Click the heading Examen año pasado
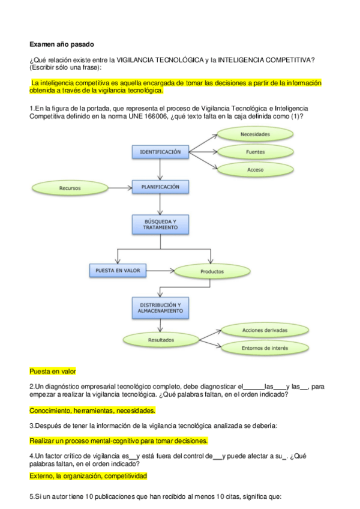pyautogui.click(x=61, y=44)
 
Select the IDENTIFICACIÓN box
pyautogui.click(x=160, y=152)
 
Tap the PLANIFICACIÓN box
pyautogui.click(x=160, y=187)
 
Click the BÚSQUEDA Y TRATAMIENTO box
pyautogui.click(x=160, y=224)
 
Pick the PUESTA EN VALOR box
pyautogui.click(x=118, y=271)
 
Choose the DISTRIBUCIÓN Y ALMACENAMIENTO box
pyautogui.click(x=160, y=307)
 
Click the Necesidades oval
pyautogui.click(x=255, y=134)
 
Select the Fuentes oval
pyautogui.click(x=255, y=152)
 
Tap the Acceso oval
pyautogui.click(x=255, y=170)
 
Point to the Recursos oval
pyautogui.click(x=70, y=188)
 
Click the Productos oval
pyautogui.click(x=212, y=271)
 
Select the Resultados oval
pyautogui.click(x=161, y=340)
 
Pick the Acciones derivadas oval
pyautogui.click(x=265, y=331)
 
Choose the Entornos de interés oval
pyautogui.click(x=265, y=348)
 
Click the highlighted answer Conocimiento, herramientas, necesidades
pyautogui.click(x=92, y=411)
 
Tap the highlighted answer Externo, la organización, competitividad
pyautogui.click(x=88, y=476)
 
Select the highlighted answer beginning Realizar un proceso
pyautogui.click(x=119, y=440)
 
